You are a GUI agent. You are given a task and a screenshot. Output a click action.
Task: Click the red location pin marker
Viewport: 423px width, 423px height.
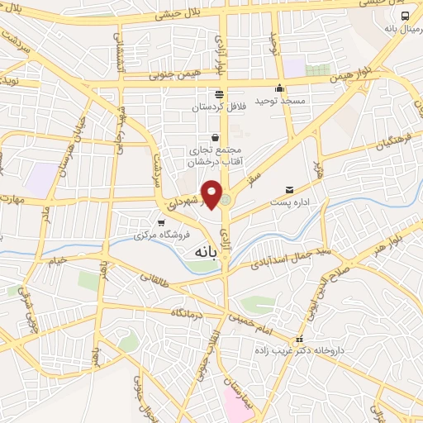tap(211, 193)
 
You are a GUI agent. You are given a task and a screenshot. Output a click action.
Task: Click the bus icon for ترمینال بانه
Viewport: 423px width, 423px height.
tap(405, 16)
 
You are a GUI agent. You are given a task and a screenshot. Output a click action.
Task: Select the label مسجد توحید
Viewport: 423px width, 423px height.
tap(280, 101)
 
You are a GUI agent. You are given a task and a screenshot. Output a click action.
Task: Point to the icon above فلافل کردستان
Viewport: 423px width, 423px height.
tap(219, 93)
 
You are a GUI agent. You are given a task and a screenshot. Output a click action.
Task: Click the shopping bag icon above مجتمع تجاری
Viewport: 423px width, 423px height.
tap(216, 137)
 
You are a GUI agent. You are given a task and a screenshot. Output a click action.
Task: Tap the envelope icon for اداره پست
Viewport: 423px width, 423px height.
tap(288, 190)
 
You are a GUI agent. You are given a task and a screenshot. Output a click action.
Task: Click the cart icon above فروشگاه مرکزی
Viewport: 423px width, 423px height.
tap(162, 222)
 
